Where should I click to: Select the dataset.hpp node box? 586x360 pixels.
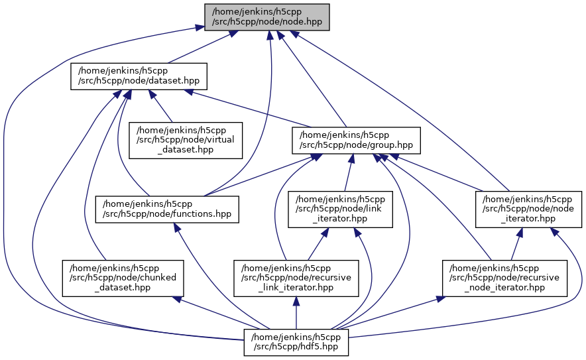pyautogui.click(x=139, y=76)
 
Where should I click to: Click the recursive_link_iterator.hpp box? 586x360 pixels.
pyautogui.click(x=297, y=276)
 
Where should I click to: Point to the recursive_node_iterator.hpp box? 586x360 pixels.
pyautogui.click(x=504, y=276)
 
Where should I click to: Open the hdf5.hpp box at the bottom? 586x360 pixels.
pyautogui.click(x=296, y=342)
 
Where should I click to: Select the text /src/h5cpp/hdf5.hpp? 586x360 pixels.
pyautogui.click(x=296, y=347)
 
